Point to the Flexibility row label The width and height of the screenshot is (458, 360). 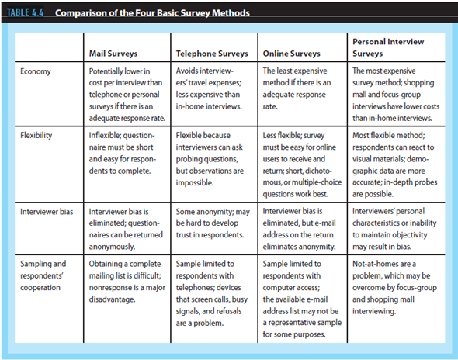[x=39, y=134]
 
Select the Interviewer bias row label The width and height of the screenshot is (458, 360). [x=47, y=209]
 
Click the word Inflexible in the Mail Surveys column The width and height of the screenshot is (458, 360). [x=108, y=134]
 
